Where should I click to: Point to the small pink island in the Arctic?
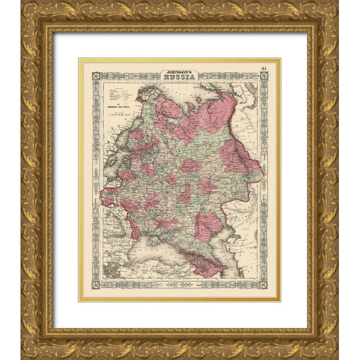[x=198, y=100]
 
